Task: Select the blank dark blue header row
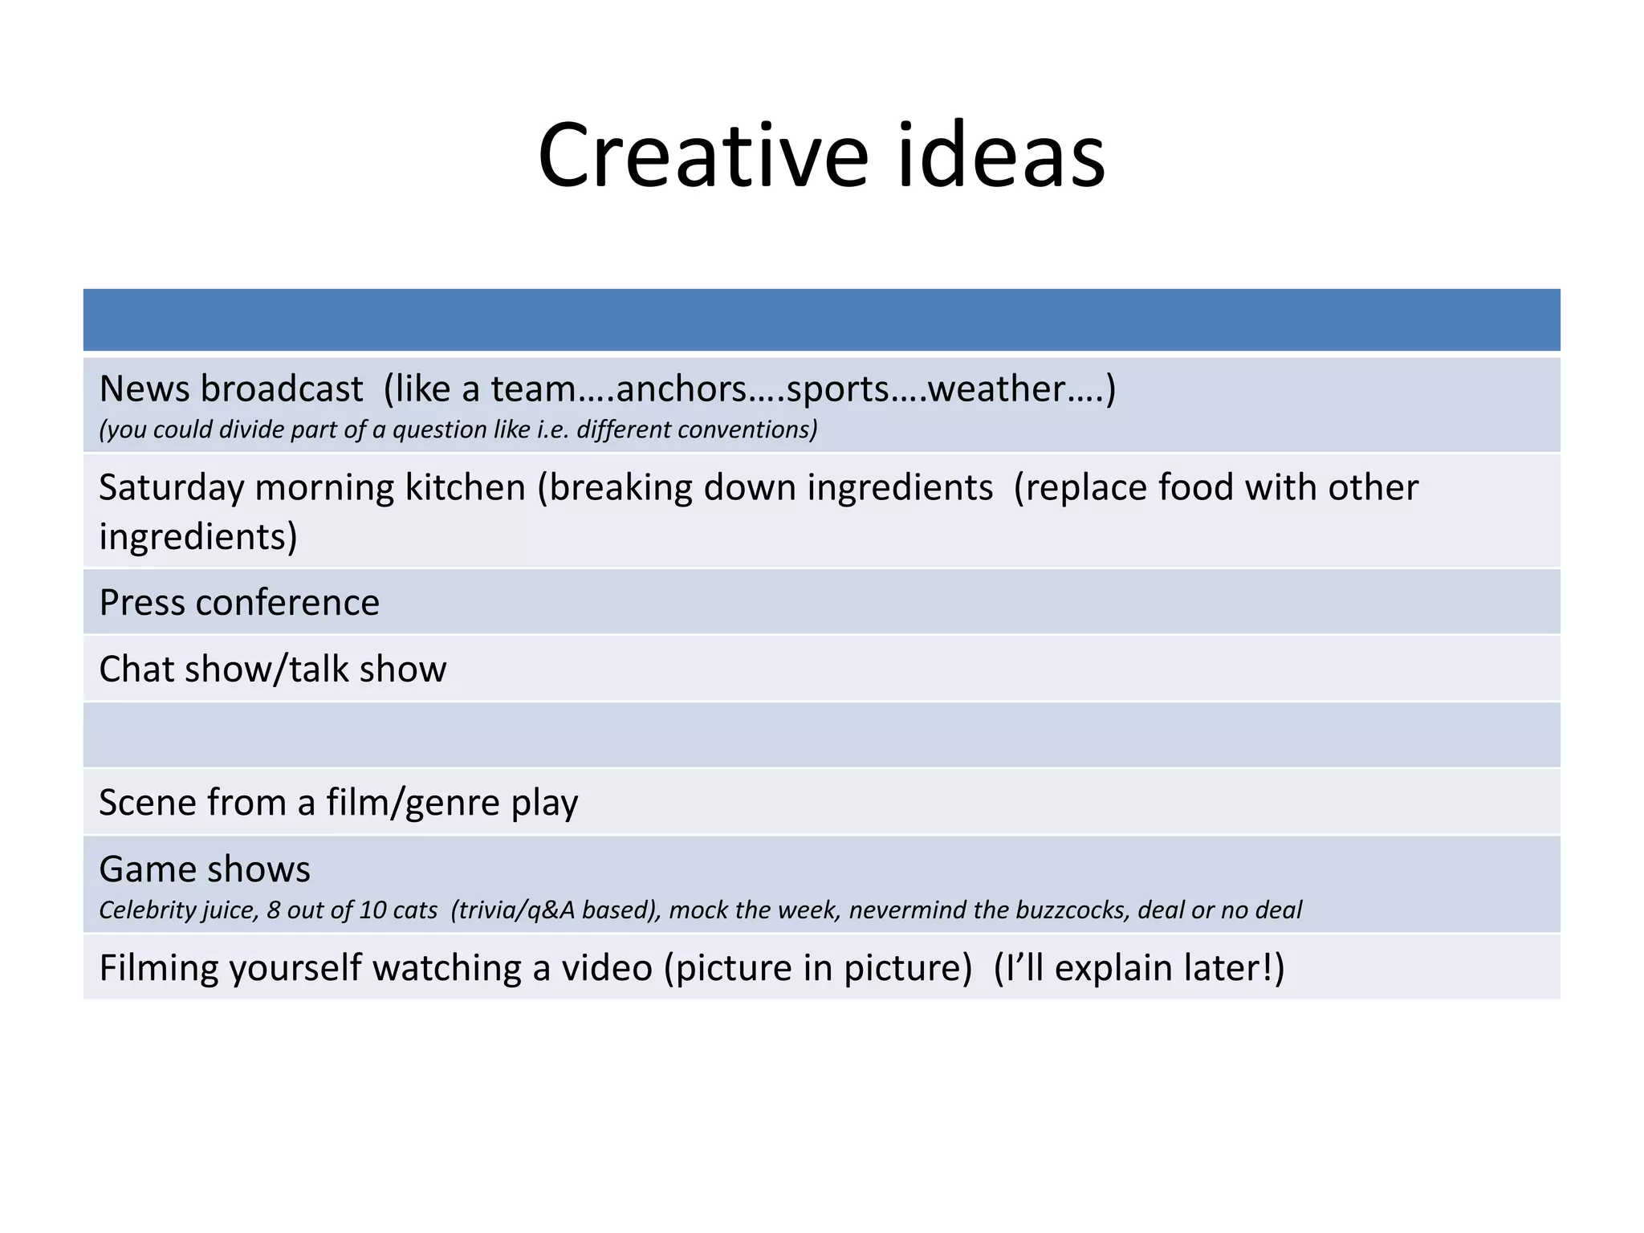pos(821,319)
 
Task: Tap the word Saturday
pos(171,487)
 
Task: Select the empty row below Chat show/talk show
pos(821,735)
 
